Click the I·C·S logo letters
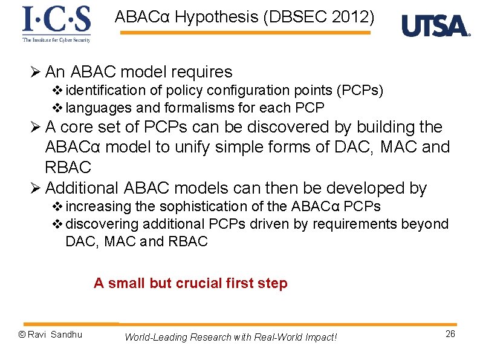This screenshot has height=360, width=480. click(x=57, y=20)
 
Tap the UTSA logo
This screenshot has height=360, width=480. click(x=435, y=26)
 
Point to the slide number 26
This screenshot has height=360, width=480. click(x=450, y=335)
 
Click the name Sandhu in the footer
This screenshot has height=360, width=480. click(x=66, y=335)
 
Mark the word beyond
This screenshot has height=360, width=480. click(x=427, y=224)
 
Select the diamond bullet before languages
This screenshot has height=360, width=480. click(x=58, y=108)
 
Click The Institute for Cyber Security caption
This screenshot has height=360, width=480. click(x=57, y=40)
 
